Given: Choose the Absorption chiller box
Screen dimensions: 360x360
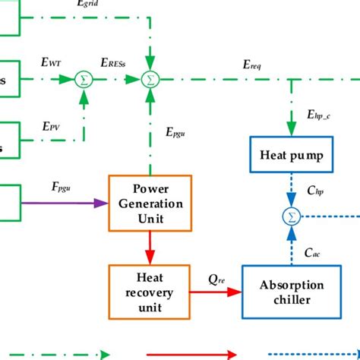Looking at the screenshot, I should coord(292,292).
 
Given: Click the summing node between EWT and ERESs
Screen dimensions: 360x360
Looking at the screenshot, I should coord(83,79).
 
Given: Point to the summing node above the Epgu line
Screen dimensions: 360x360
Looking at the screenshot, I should coord(152,79).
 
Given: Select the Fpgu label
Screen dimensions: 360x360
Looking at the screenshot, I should coord(52,186).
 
